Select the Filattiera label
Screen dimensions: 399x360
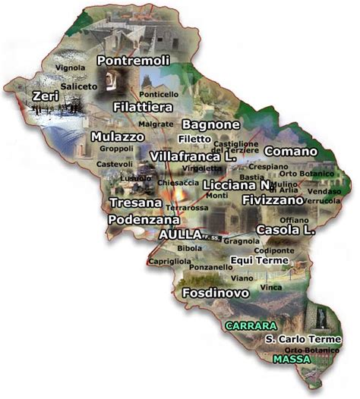[141, 107]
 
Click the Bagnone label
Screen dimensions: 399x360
[211, 124]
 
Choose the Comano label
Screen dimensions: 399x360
[290, 151]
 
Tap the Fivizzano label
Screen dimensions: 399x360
[273, 199]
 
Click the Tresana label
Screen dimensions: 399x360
[135, 203]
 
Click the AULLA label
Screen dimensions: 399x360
[181, 234]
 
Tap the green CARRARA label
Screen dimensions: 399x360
[250, 325]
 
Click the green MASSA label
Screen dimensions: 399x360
[292, 359]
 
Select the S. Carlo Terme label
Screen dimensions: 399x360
[303, 339]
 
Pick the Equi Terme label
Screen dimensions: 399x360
[260, 260]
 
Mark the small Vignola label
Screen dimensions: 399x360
[70, 68]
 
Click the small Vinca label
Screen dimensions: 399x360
[270, 287]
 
